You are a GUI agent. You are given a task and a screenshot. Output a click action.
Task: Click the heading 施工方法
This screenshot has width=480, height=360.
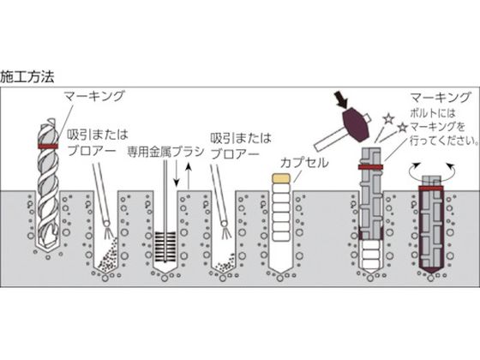pos(27,76)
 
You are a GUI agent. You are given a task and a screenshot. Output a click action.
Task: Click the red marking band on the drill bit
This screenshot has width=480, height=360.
pos(48,146)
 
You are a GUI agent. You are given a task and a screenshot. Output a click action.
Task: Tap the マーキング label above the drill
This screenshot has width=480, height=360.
pos(94,96)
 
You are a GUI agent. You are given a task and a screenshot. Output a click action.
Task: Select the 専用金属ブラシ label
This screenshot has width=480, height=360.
pos(165,152)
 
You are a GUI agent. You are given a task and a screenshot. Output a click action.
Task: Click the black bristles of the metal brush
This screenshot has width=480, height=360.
pos(165,247)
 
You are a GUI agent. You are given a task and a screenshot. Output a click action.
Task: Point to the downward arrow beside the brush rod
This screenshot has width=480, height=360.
pos(176,174)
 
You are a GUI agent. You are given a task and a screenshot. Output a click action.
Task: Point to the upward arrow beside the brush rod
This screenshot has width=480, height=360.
pos(189,176)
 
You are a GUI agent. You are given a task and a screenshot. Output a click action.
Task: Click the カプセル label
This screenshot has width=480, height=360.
pos(304,163)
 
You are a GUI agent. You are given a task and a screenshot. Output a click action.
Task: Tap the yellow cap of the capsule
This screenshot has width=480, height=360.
pos(281,178)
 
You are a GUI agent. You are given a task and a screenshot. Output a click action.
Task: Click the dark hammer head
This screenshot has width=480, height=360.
pos(355,123)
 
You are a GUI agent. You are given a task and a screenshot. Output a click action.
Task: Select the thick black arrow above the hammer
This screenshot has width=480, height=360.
pos(341,99)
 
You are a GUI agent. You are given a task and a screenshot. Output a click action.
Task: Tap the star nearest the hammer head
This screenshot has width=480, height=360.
pos(388,119)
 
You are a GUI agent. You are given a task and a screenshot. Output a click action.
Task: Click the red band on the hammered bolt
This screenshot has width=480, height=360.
pos(370,167)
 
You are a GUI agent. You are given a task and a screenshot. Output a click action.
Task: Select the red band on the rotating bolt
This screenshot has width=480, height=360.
pos(430,188)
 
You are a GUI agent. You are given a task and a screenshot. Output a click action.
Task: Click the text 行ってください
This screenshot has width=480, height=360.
pos(441,141)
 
